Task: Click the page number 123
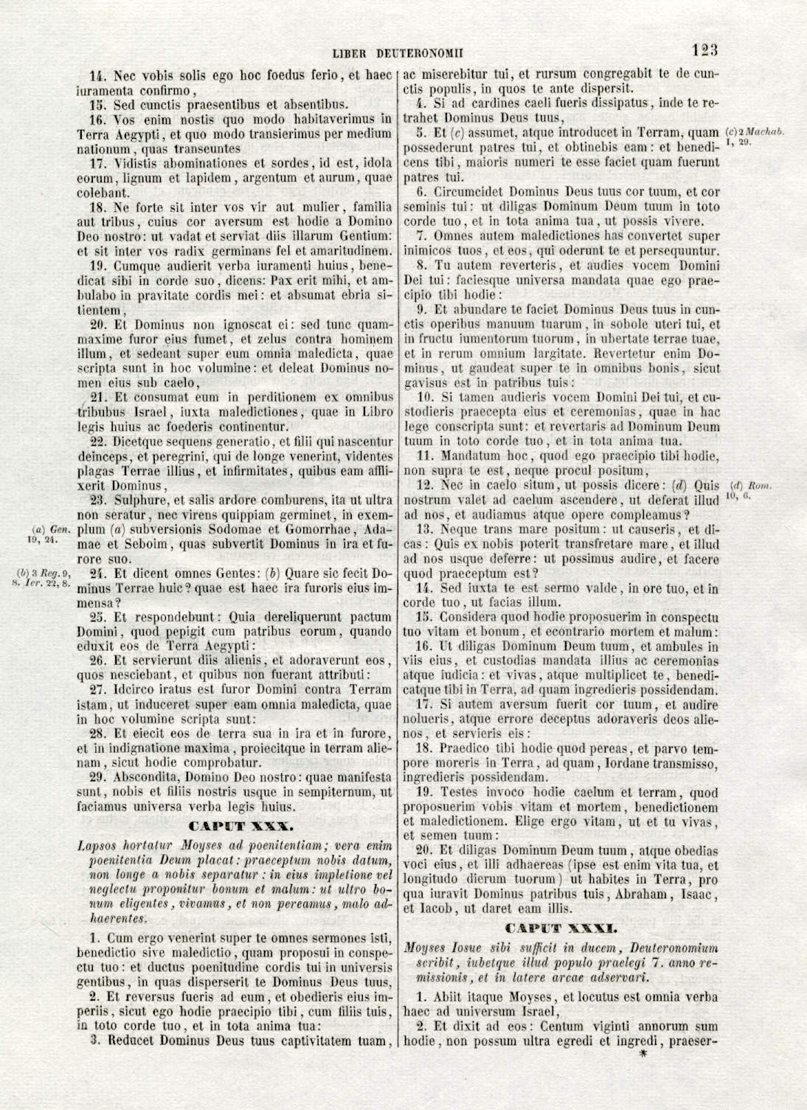point(704,50)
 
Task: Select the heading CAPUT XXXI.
point(561,927)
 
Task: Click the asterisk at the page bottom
point(643,1055)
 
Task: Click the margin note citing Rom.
point(750,490)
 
